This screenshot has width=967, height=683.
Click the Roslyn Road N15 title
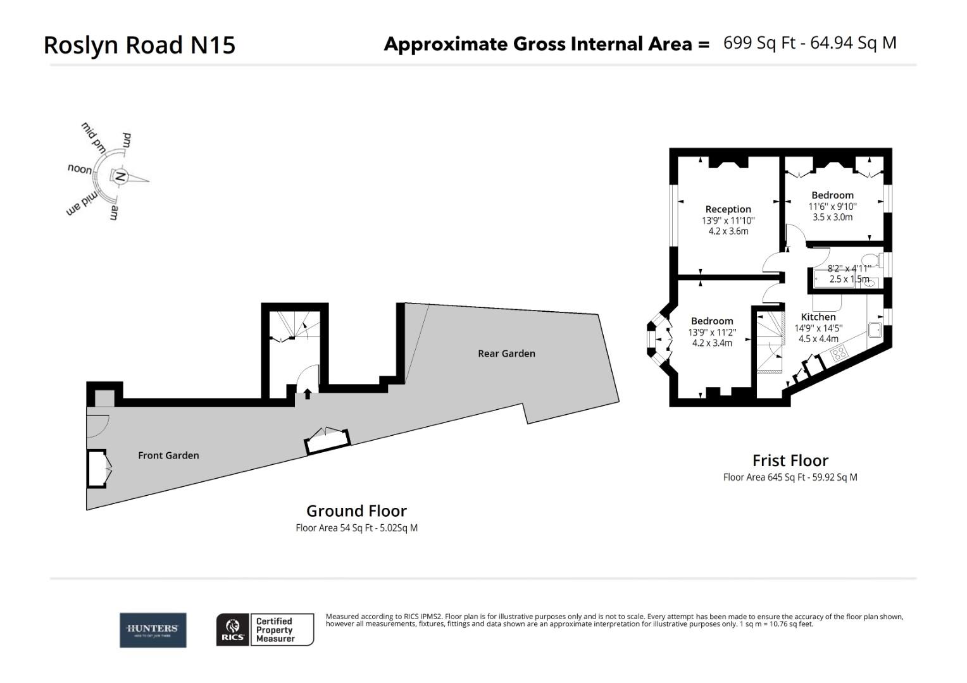click(139, 45)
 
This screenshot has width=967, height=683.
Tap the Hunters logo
click(153, 630)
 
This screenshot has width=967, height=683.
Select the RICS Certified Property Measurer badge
click(265, 630)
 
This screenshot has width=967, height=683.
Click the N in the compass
click(121, 176)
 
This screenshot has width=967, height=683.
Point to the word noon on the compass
click(80, 169)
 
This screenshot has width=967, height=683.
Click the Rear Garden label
click(506, 354)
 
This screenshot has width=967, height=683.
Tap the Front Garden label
click(168, 455)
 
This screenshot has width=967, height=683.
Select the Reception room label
click(728, 209)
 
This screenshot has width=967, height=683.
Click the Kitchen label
click(818, 317)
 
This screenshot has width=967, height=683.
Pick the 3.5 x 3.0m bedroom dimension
click(832, 217)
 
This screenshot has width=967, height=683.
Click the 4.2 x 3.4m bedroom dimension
click(711, 343)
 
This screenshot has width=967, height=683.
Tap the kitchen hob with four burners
click(839, 354)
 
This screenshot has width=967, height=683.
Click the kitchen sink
click(875, 329)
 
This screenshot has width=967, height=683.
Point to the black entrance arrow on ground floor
click(308, 394)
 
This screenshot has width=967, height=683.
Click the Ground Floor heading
click(356, 511)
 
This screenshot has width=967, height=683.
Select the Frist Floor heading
click(790, 460)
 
